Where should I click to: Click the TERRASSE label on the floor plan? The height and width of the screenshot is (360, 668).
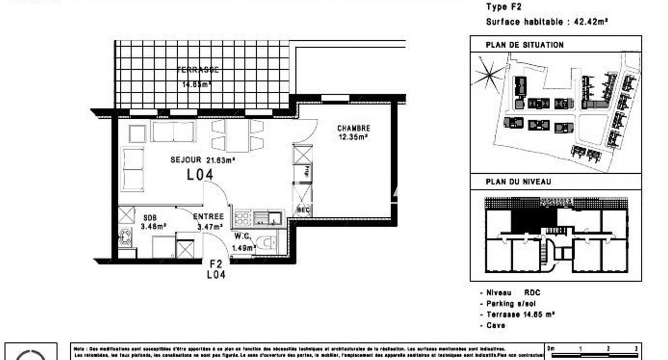point(198,70)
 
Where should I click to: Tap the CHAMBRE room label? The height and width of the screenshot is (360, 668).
point(353,128)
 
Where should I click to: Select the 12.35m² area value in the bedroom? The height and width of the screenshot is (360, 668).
point(353,137)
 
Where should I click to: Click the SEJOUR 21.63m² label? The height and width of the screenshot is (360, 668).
point(203,160)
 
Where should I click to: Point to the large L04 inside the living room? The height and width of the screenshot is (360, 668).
point(200,175)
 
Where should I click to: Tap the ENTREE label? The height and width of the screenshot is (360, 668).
point(208,217)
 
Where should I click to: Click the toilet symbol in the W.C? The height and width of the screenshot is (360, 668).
point(268,244)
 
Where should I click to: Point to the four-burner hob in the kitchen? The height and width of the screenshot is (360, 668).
point(243,219)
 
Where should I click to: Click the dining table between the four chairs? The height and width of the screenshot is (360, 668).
point(237,135)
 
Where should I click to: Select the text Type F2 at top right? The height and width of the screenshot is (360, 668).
point(504,7)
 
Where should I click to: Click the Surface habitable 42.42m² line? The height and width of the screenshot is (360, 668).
point(547,22)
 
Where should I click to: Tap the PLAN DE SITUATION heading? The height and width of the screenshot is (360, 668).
point(518,45)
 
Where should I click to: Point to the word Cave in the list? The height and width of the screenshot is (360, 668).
point(496,325)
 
